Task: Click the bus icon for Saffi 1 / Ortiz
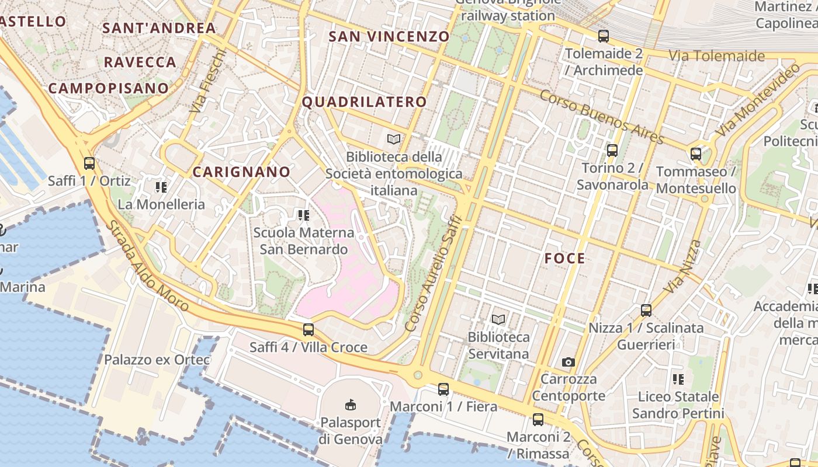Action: point(89,163)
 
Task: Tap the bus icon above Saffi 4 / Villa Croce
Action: point(309,330)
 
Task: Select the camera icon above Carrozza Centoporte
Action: point(568,363)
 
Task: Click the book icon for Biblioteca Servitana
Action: point(498,319)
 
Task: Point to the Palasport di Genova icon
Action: point(351,405)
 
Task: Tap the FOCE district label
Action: point(564,259)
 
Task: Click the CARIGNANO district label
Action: point(241,172)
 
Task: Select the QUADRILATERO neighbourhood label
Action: point(364,102)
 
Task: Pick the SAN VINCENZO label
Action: point(389,36)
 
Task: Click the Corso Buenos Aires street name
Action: point(602,117)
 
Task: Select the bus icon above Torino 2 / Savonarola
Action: point(612,151)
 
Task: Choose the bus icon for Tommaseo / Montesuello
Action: point(696,154)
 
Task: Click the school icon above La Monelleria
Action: point(161,187)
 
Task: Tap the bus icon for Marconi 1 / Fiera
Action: point(443,389)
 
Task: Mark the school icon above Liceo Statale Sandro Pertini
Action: point(678,379)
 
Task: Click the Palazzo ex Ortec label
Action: point(157,360)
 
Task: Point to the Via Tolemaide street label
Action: point(716,56)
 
